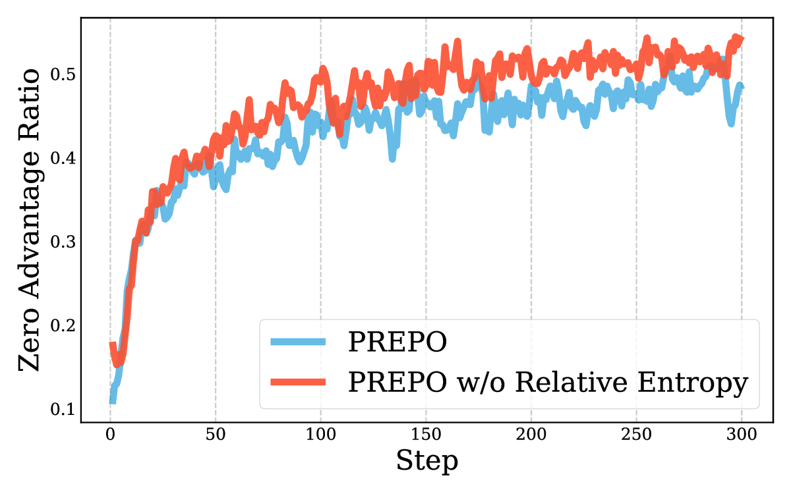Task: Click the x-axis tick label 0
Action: (x=110, y=435)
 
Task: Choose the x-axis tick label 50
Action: (x=216, y=435)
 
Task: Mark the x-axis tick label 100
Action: (x=320, y=435)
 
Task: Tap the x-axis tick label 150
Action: (x=426, y=435)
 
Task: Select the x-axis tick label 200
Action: (x=531, y=435)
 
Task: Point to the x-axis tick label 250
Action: (x=636, y=435)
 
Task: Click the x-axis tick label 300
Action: (x=742, y=435)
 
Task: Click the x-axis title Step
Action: (x=426, y=462)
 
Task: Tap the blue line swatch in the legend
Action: (x=298, y=342)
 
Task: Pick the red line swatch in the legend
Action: (x=298, y=382)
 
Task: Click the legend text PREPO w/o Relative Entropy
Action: (x=548, y=383)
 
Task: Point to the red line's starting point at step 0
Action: (x=111, y=344)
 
